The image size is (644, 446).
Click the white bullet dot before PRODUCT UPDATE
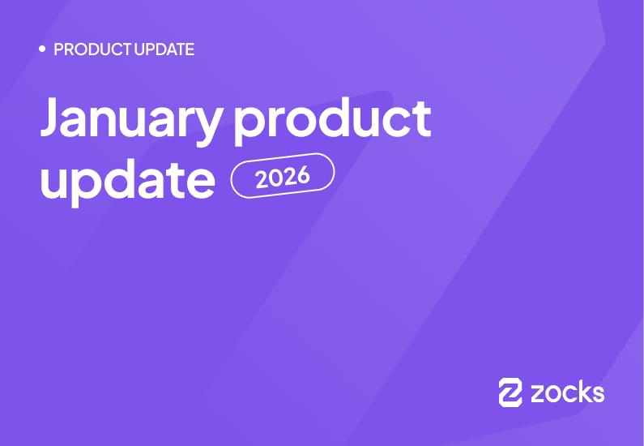click(x=42, y=49)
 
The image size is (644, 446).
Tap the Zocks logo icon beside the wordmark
click(x=510, y=392)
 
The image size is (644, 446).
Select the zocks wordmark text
click(x=567, y=393)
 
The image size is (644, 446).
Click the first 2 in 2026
click(x=262, y=178)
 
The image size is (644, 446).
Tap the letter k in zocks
click(x=582, y=392)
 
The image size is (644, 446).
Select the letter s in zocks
click(x=597, y=394)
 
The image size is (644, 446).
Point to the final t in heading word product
click(x=421, y=118)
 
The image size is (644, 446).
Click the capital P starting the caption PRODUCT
click(x=58, y=49)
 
